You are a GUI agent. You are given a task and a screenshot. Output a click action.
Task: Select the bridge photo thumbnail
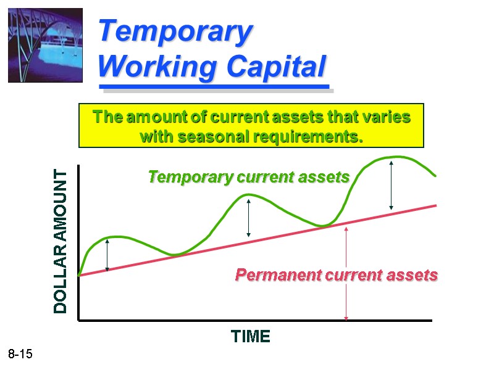[x=44, y=45]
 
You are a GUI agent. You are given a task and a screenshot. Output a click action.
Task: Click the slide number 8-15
[x=20, y=355]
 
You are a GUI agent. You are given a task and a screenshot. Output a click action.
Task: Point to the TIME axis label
[x=250, y=337]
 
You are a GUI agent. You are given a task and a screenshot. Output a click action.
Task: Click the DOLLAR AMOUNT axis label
[x=60, y=242]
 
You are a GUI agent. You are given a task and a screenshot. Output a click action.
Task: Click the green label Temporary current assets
[x=249, y=178]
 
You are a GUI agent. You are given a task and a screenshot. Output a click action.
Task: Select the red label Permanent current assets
[x=337, y=275]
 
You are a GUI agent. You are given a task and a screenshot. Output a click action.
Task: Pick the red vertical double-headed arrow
[x=346, y=273]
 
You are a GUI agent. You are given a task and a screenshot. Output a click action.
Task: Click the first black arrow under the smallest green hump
[x=107, y=255]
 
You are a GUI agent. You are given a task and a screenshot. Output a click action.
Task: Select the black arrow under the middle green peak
[x=248, y=217]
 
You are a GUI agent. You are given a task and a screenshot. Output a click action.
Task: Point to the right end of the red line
[x=435, y=205]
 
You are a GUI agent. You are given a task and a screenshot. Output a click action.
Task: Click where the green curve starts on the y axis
[x=79, y=276]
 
